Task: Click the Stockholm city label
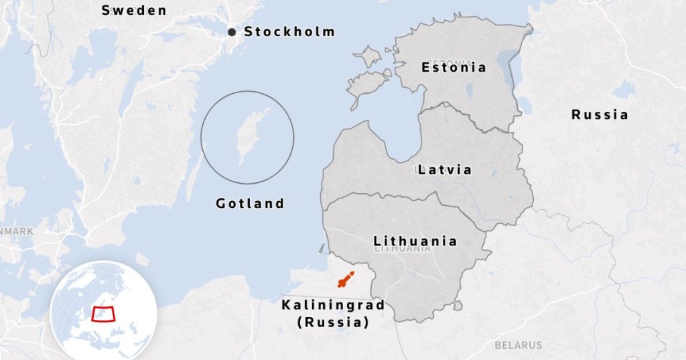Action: tap(289, 32)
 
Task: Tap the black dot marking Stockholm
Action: tap(232, 32)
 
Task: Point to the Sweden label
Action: tap(133, 10)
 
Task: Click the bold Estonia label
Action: tap(454, 67)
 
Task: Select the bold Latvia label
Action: tap(444, 170)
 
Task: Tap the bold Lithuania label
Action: tap(415, 241)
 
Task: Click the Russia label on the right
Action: tap(600, 115)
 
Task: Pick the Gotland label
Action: tap(250, 203)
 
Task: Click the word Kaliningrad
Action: tap(333, 306)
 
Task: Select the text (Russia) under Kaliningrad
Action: tap(333, 322)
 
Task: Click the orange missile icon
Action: tap(346, 280)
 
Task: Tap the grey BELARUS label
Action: tap(518, 345)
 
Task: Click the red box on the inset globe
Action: tap(102, 313)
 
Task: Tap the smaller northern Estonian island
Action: tap(367, 55)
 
